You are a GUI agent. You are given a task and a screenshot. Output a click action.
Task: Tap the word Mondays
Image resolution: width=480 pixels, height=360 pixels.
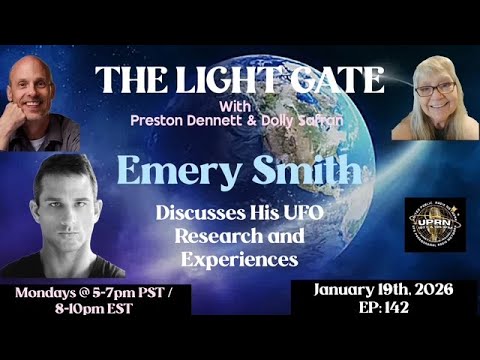(52, 297)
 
